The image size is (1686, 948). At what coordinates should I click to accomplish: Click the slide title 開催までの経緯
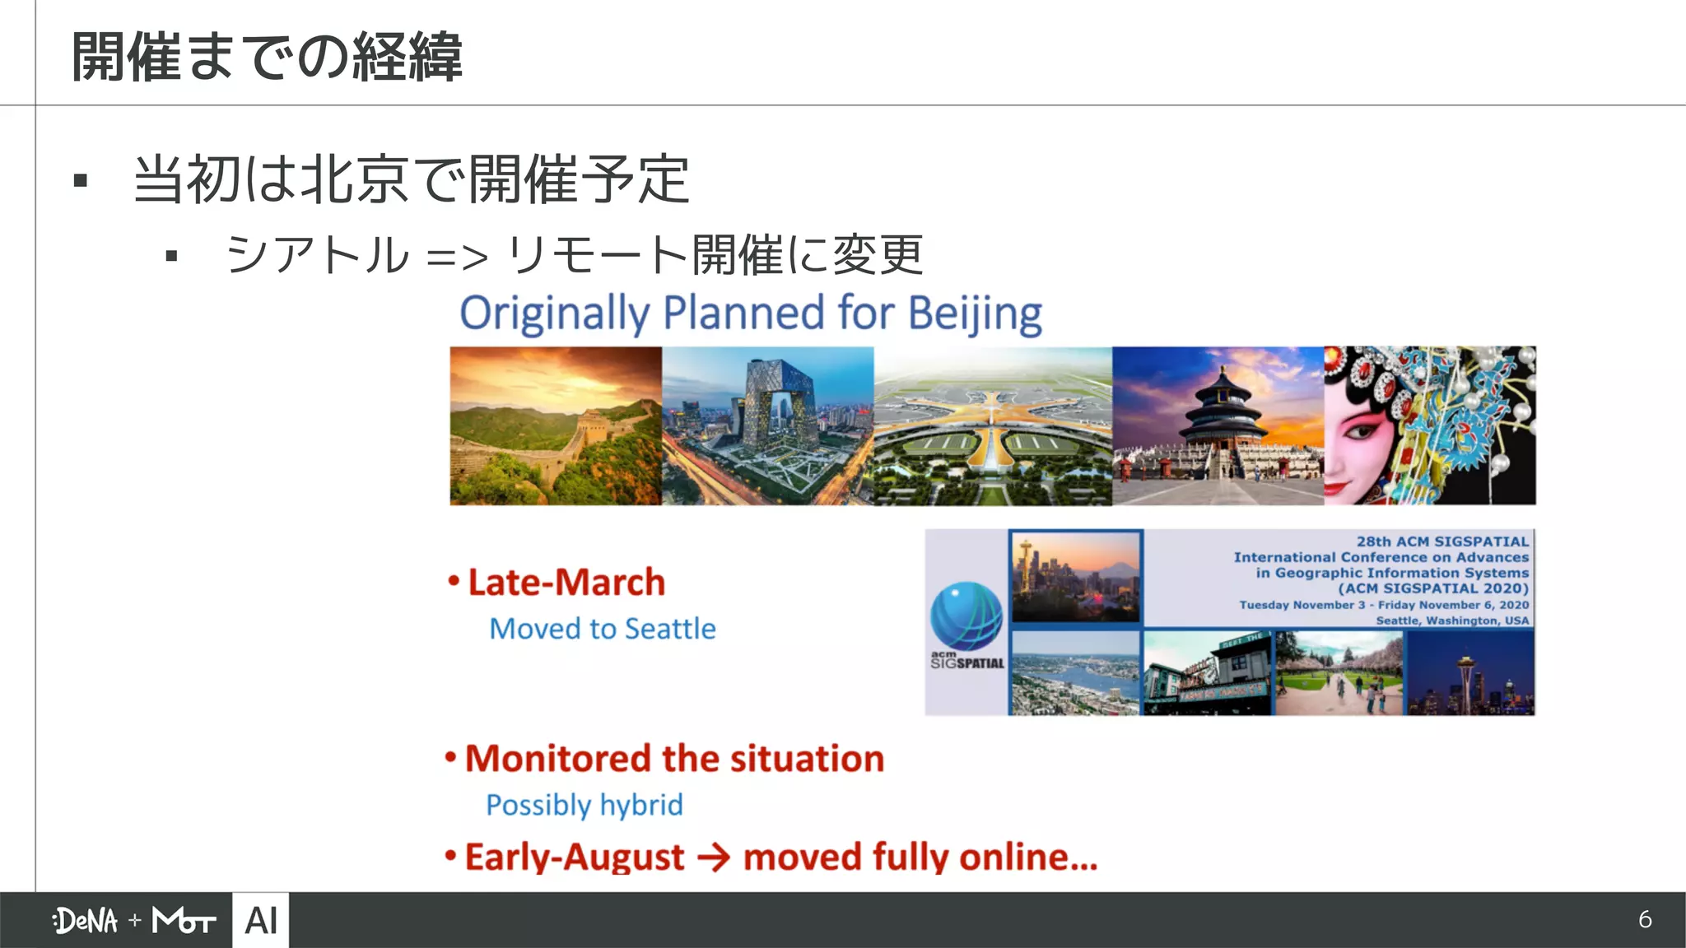267,57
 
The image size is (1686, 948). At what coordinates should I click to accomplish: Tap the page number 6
1645,919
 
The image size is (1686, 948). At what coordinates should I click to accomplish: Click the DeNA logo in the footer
86,920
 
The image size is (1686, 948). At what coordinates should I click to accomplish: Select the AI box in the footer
261,920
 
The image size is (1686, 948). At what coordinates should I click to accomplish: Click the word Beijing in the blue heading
975,314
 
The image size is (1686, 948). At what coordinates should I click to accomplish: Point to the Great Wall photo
556,425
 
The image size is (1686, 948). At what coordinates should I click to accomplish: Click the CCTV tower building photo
767,425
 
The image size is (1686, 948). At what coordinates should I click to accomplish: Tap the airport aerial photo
993,425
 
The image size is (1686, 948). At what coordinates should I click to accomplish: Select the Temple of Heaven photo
1218,425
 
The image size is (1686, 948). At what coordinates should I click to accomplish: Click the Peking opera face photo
1430,425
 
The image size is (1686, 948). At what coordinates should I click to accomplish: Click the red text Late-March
566,583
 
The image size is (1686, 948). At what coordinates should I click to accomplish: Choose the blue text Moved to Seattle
603,629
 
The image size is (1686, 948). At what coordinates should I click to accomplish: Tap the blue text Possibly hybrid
585,805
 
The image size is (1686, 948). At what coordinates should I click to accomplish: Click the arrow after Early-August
713,858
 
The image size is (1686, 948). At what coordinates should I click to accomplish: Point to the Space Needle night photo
1470,673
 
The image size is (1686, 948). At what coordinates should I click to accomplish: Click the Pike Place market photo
1208,673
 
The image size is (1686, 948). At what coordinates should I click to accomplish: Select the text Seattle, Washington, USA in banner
1452,620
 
